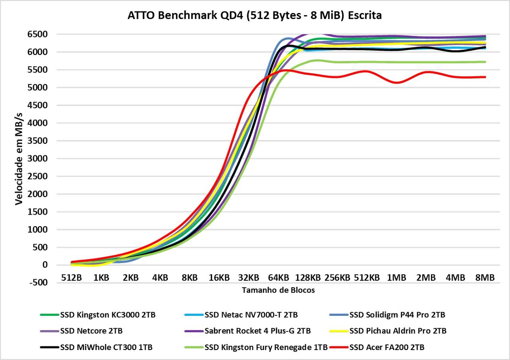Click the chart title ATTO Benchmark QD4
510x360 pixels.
pos(255,16)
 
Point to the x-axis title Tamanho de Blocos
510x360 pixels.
pos(278,290)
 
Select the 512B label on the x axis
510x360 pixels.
pos(72,278)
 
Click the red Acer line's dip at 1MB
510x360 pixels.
pos(396,82)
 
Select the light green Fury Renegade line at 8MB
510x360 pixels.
pos(485,62)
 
